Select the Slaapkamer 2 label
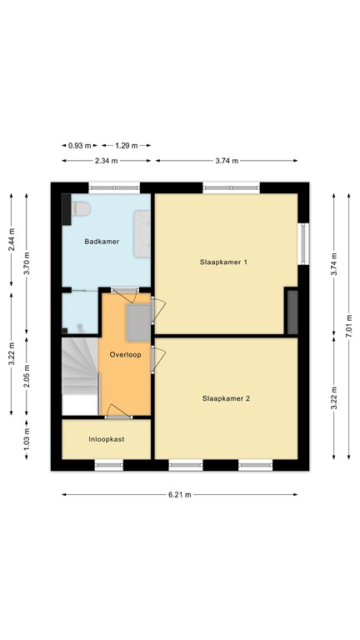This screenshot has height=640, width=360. pyautogui.click(x=226, y=398)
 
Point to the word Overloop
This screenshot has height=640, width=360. pyautogui.click(x=126, y=354)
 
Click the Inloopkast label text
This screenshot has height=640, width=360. pyautogui.click(x=106, y=438)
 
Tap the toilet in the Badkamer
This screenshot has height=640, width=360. pyautogui.click(x=80, y=212)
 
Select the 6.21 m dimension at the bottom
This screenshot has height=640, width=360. pyautogui.click(x=180, y=494)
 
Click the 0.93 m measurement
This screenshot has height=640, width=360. pyautogui.click(x=81, y=145)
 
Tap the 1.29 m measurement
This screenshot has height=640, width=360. pyautogui.click(x=127, y=145)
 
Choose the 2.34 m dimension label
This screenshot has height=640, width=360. pyautogui.click(x=106, y=161)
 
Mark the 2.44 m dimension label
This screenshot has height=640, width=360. pyautogui.click(x=11, y=240)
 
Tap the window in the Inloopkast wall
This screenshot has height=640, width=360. pyautogui.click(x=108, y=465)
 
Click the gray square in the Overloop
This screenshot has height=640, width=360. pyautogui.click(x=137, y=323)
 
